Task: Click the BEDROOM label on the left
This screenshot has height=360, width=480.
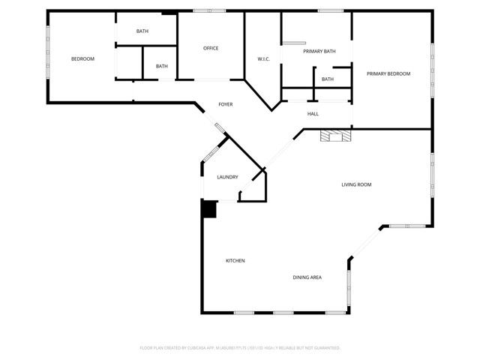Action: coord(82,58)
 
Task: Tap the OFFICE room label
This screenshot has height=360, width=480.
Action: coord(211,49)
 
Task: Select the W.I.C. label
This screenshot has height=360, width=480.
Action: coord(263,58)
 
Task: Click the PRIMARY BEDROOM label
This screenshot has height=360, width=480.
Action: coord(388,73)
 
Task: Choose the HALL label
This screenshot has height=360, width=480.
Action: coord(313,114)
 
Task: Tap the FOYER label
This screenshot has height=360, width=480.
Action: coord(225,104)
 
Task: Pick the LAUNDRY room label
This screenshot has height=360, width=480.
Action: coord(227,177)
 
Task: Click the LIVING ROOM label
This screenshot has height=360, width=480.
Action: coord(356,184)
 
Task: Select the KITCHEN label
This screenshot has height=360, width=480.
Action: coord(235,261)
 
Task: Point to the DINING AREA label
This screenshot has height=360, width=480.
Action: coord(307,277)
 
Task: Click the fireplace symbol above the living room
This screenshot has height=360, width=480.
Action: coord(334,136)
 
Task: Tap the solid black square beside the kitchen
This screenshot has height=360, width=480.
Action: coord(208,208)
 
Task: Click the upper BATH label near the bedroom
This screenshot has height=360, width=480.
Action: coord(142,31)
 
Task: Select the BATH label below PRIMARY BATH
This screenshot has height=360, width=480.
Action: coord(328,79)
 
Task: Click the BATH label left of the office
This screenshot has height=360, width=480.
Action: coord(162,66)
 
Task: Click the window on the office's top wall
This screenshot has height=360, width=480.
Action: coord(204,10)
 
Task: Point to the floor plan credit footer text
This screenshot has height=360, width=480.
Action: coord(240,348)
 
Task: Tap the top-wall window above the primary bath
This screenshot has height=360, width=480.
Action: coord(330,10)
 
